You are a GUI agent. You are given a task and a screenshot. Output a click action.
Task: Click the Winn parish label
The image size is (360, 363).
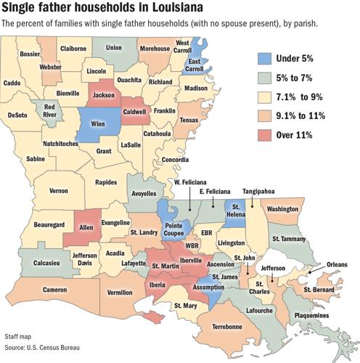(x=95, y=124)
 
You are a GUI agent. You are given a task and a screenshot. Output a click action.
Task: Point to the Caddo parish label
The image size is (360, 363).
(x=12, y=83)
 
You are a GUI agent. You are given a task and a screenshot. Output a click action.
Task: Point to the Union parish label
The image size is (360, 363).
(x=113, y=48)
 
